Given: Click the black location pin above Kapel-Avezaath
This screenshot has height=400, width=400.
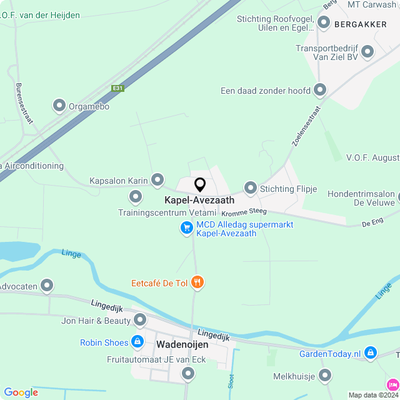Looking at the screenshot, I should (200, 185).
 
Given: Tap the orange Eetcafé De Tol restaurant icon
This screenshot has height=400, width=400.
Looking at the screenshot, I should (197, 282).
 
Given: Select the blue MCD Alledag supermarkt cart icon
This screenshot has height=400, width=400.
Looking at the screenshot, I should (186, 228).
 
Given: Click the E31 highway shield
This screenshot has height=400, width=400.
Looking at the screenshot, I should (117, 88).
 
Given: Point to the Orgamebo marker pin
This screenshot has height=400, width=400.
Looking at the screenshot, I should (59, 106).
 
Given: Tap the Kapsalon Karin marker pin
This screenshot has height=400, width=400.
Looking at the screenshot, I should (157, 180).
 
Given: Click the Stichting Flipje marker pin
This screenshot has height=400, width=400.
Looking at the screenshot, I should (251, 187).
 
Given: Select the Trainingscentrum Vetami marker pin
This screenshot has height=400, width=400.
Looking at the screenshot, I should (136, 198).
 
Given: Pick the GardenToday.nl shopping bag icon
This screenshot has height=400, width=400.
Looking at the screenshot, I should (371, 354).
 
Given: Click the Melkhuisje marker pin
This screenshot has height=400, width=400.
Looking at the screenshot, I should (324, 376).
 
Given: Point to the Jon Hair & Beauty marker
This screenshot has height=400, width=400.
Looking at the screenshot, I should (141, 321).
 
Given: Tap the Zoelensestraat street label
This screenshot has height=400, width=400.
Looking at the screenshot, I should (306, 126).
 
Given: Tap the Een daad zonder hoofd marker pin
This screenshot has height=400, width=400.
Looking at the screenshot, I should (320, 91).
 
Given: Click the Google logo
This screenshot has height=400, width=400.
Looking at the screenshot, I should (21, 392).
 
